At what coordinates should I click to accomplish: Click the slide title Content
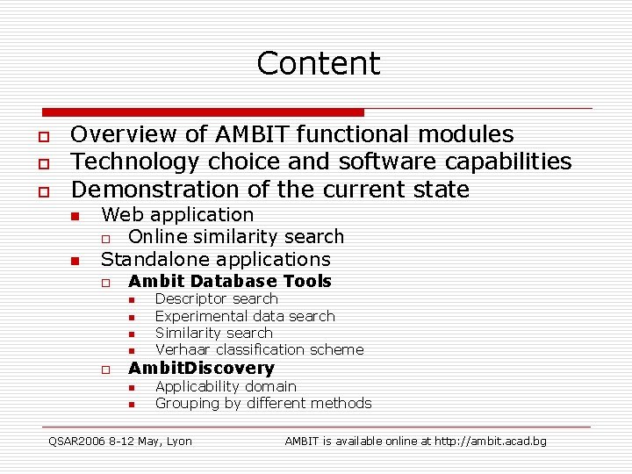(318, 63)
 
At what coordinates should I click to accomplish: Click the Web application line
(177, 214)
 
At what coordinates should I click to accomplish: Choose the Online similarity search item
(236, 236)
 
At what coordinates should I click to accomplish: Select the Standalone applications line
(215, 259)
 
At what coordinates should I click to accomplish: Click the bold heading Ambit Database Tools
(229, 281)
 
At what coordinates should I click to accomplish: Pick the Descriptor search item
(216, 298)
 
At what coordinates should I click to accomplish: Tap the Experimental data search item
(245, 316)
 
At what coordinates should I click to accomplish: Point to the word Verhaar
(183, 349)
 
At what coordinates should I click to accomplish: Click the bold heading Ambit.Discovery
(201, 368)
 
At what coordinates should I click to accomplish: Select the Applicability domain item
(226, 386)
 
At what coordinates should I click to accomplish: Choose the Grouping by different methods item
(263, 403)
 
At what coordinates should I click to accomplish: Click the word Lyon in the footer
(178, 441)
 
